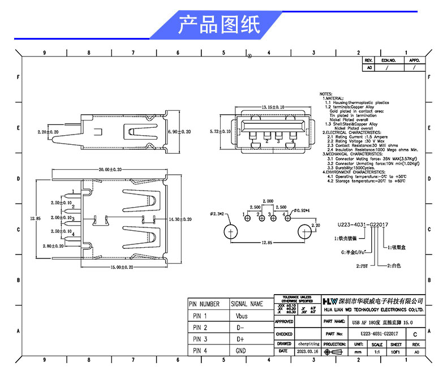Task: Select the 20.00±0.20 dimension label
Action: point(110,170)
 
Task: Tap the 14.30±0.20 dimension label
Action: point(180,218)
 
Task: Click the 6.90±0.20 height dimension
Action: point(180,131)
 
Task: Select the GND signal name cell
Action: point(240,351)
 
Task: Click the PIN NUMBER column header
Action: point(204,304)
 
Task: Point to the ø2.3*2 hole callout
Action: point(217,214)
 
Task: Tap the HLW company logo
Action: point(330,300)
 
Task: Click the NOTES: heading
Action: point(326,93)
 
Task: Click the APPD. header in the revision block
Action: point(414,59)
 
